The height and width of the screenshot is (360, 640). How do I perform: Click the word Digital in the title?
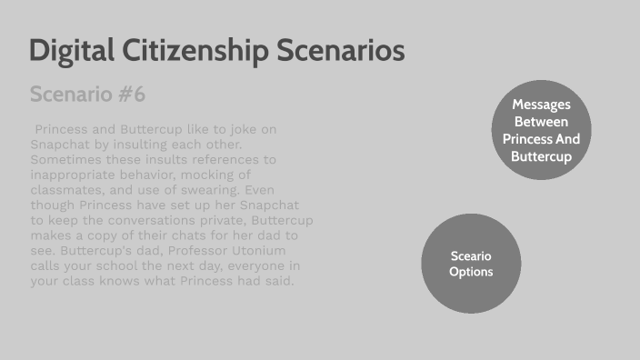coord(72,51)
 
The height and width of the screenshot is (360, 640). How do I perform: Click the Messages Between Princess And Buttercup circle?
coord(541,130)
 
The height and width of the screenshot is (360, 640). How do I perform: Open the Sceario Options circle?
coord(471,264)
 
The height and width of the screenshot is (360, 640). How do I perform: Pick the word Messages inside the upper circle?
coord(541,105)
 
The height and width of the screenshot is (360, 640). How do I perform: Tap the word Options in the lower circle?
coord(471,272)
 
